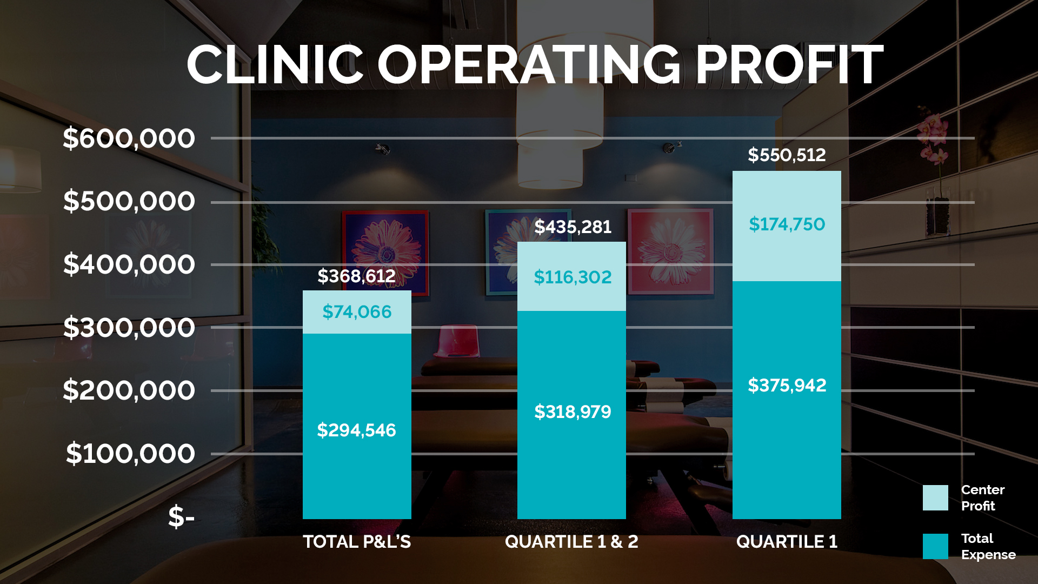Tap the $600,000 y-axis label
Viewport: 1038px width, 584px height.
pyautogui.click(x=129, y=138)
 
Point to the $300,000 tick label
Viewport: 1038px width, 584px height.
pyautogui.click(x=129, y=328)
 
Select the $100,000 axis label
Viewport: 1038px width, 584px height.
pyautogui.click(x=130, y=454)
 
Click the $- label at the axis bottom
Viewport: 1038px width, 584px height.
pyautogui.click(x=181, y=516)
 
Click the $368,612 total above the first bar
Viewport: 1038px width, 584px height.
pyautogui.click(x=356, y=276)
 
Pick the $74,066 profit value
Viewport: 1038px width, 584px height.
pyautogui.click(x=357, y=312)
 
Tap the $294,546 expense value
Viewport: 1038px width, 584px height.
pyautogui.click(x=356, y=430)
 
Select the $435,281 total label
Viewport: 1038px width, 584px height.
pyautogui.click(x=573, y=227)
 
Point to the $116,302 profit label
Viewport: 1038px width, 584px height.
pyautogui.click(x=573, y=277)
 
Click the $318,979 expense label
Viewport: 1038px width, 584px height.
pyautogui.click(x=573, y=412)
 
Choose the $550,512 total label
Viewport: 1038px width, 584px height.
pyautogui.click(x=787, y=155)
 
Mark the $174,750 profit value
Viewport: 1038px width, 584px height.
pyautogui.click(x=787, y=224)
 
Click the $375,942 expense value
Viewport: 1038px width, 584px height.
pyautogui.click(x=787, y=386)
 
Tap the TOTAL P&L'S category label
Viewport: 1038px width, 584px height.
pyautogui.click(x=357, y=541)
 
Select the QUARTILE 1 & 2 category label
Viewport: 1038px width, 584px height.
pyautogui.click(x=571, y=541)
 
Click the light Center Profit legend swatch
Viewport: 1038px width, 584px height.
pyautogui.click(x=935, y=497)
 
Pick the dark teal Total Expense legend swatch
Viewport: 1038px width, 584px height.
pyautogui.click(x=935, y=546)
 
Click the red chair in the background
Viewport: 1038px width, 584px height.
pyautogui.click(x=457, y=341)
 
